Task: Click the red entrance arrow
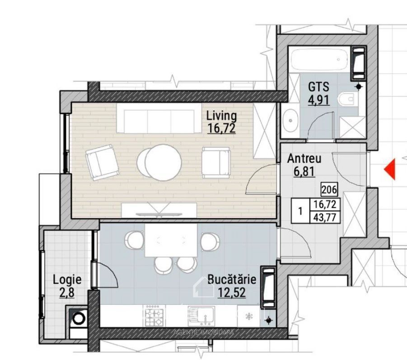click(391, 169)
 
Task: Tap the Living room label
click(221, 116)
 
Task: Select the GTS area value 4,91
click(319, 100)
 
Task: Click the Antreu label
click(304, 159)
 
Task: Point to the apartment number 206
click(329, 189)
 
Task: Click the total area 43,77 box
click(325, 217)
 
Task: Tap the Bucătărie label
click(232, 280)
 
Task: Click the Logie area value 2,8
click(67, 293)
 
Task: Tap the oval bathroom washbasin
click(290, 121)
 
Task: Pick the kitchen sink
click(201, 315)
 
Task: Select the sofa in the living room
click(159, 119)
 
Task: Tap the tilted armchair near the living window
click(102, 162)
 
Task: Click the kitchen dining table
click(171, 240)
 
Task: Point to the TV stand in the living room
click(159, 210)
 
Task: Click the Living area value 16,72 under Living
click(221, 128)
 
